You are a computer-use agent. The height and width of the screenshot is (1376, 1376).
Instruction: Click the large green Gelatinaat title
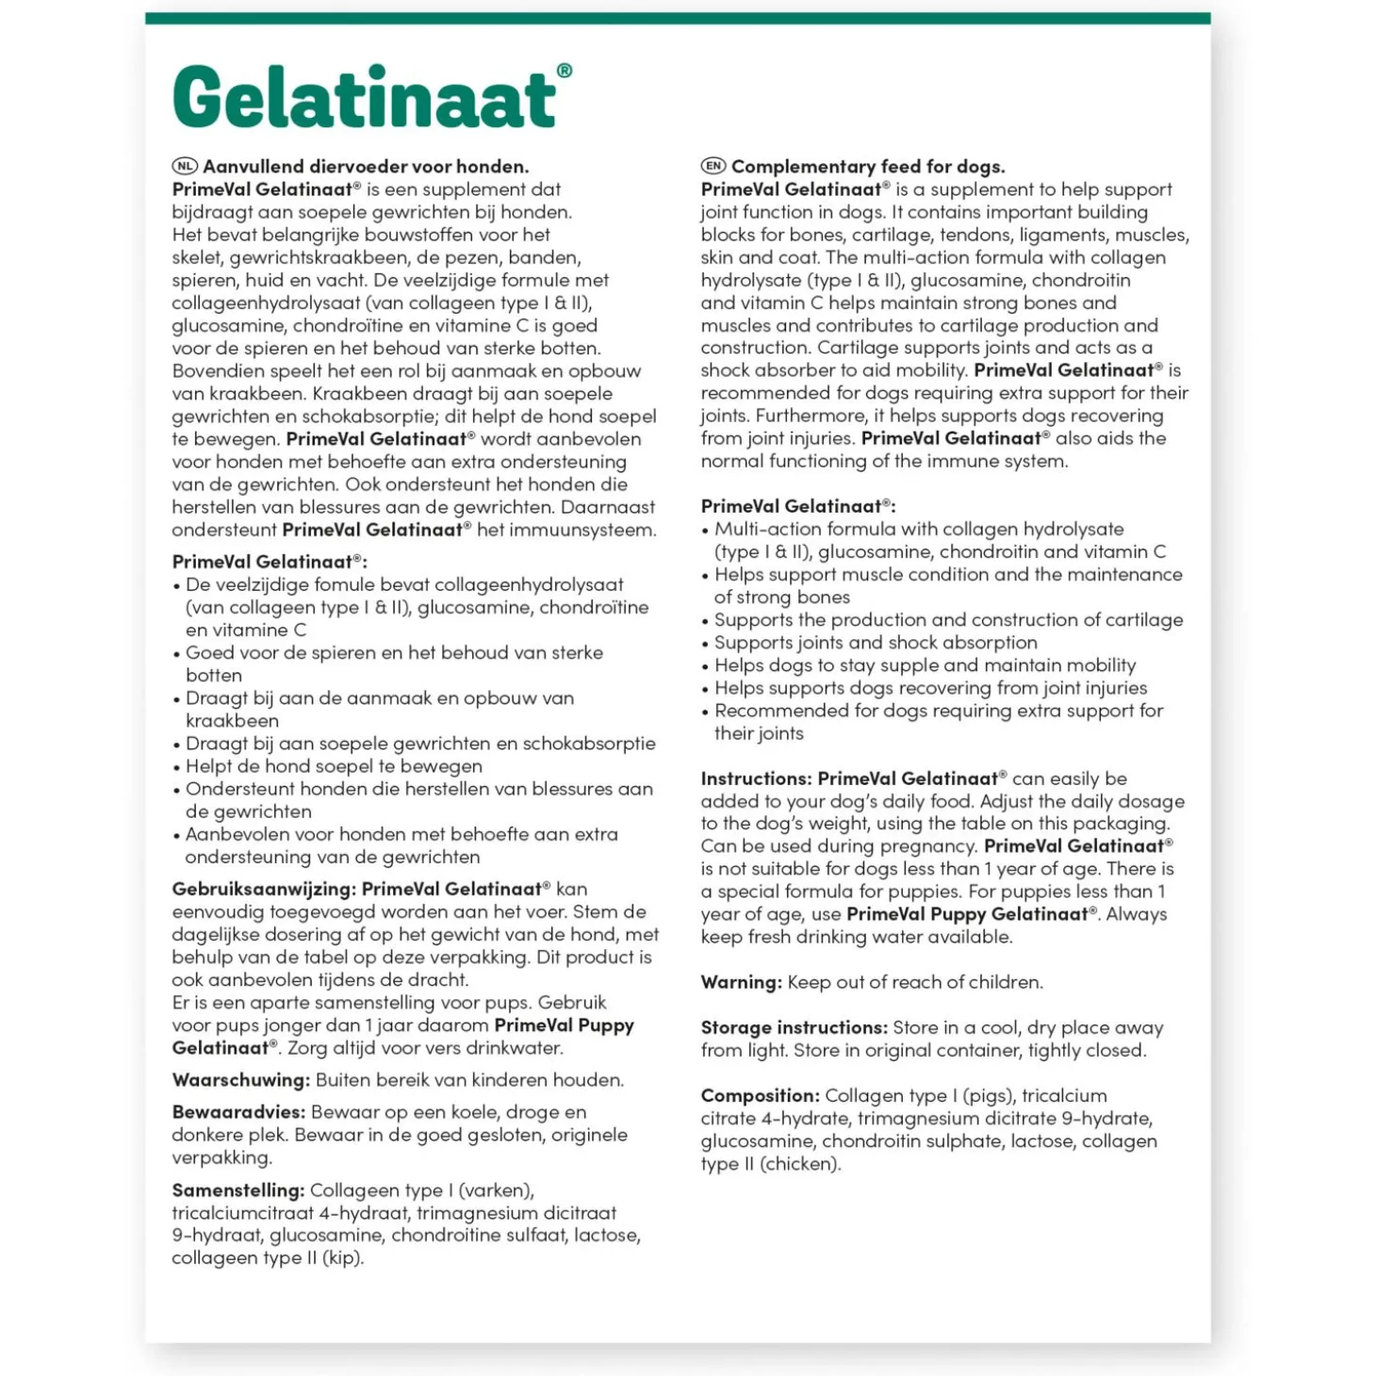coord(365,97)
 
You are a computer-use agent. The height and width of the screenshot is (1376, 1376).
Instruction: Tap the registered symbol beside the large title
coord(565,71)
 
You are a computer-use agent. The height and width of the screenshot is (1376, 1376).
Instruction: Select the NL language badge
coord(185,167)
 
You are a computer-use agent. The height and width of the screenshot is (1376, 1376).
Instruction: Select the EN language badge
coord(713,167)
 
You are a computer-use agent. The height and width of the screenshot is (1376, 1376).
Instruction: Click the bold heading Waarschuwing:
coord(240,1080)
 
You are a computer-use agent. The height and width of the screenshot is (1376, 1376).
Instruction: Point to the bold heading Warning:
coord(741,982)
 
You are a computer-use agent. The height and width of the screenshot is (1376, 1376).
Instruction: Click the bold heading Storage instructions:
coord(794,1027)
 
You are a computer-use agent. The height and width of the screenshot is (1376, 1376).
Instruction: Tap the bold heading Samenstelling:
coord(238,1190)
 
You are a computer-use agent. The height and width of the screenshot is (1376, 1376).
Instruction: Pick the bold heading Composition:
coord(760,1095)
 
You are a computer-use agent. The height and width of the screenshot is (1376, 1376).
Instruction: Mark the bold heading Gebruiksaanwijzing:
coord(263,889)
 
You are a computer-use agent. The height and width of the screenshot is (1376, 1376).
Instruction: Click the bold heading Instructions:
coord(756,778)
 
